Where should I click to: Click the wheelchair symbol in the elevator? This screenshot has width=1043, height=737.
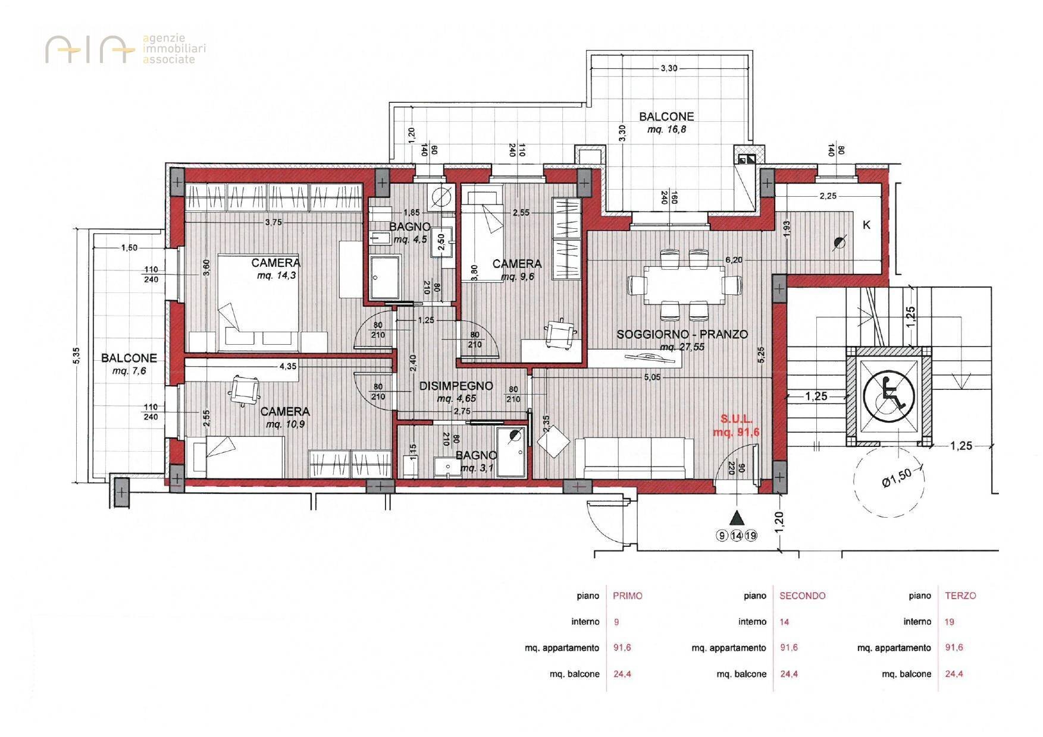(x=888, y=395)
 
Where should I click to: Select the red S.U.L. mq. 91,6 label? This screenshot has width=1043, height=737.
(x=737, y=426)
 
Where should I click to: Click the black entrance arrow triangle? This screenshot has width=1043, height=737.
(x=737, y=516)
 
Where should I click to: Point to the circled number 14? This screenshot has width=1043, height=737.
(x=737, y=536)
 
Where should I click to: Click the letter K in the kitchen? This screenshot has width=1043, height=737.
(x=866, y=225)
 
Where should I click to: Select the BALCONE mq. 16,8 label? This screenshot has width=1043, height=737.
(x=666, y=122)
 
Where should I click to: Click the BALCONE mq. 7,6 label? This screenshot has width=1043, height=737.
(x=129, y=364)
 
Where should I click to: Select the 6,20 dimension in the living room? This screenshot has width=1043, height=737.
(x=733, y=260)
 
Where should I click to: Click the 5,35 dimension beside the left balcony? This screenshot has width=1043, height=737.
(x=76, y=357)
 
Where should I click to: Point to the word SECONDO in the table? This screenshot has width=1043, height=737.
(x=802, y=596)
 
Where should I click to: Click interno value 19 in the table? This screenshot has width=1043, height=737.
(x=949, y=622)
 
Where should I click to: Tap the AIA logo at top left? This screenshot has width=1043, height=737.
(x=89, y=49)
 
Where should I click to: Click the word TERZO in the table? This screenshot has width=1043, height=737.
(x=960, y=596)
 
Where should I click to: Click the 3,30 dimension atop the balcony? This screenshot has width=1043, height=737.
(x=668, y=68)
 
